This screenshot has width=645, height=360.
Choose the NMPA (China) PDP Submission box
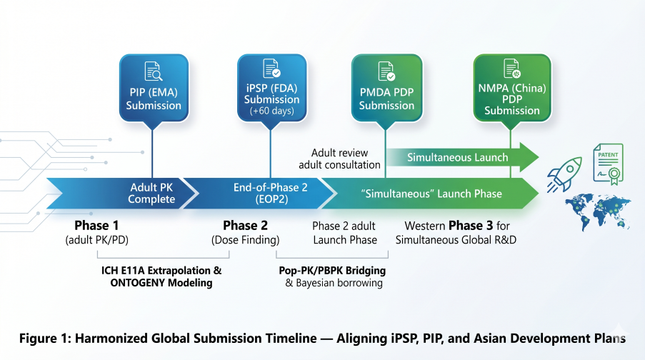coord(511,87)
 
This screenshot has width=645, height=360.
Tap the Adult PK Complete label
coord(151,194)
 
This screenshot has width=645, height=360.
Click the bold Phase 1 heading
coord(96,226)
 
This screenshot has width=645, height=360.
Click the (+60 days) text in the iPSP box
coord(271,111)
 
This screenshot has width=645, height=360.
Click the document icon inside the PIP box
coord(154,71)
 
